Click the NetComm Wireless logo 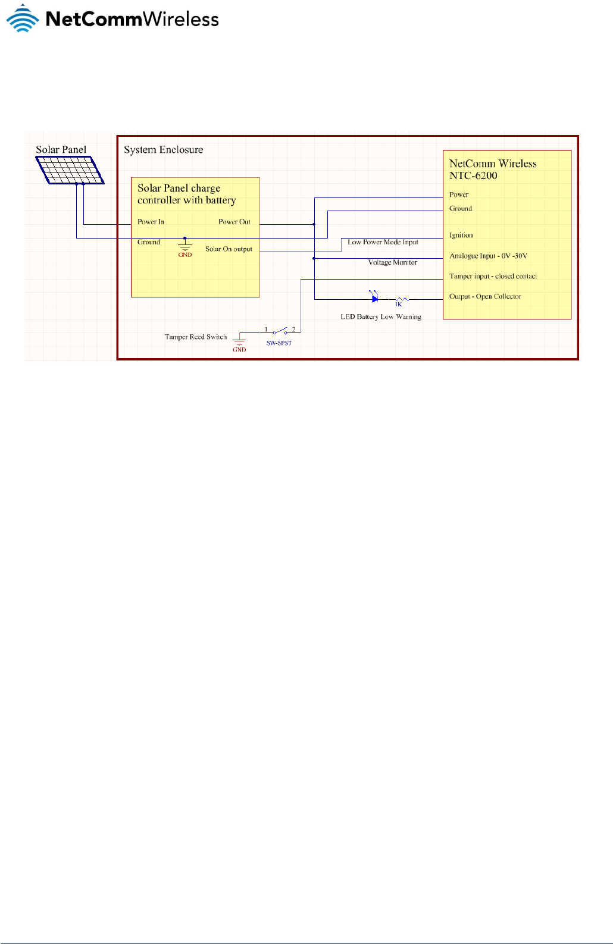coord(112,18)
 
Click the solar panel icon coord(70,170)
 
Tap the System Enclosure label coord(163,150)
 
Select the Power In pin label coord(151,222)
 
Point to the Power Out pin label coord(234,222)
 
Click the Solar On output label coord(229,249)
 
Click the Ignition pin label coord(461,236)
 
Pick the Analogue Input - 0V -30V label coord(488,256)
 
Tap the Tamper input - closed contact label coord(493,277)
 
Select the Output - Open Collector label coord(484,297)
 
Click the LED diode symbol coord(374,298)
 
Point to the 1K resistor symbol coord(402,299)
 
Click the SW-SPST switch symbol coord(280,332)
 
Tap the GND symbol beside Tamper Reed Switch coord(239,342)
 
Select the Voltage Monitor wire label coord(392,262)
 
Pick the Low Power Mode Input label coord(383,242)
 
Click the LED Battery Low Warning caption coord(380,317)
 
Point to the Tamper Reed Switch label coord(196,337)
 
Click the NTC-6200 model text coord(473,176)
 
